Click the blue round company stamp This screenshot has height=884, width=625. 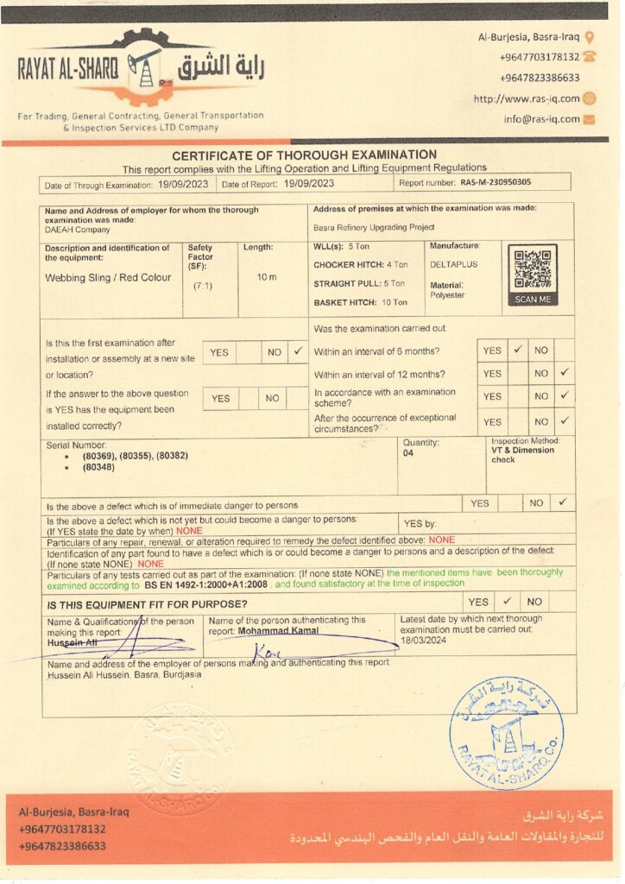[x=506, y=732]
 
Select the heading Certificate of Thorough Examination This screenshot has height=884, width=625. [x=304, y=155]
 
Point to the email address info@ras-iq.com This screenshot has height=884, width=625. [x=541, y=119]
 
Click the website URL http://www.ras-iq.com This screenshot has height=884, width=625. [x=526, y=98]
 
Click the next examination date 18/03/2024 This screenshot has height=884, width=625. [x=423, y=641]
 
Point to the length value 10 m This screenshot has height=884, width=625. [x=267, y=277]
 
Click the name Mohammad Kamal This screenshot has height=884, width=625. [x=278, y=630]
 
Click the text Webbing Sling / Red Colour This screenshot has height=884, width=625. [x=108, y=278]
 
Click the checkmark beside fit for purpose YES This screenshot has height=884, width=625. [x=508, y=601]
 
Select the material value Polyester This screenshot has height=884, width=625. [x=447, y=295]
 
